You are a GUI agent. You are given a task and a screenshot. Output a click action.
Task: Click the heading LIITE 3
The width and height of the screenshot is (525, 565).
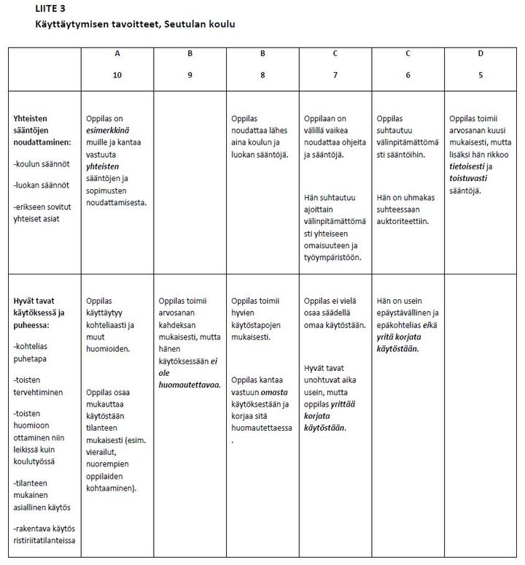50,9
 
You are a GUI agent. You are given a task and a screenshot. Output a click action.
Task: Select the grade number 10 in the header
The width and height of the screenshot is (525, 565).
117,75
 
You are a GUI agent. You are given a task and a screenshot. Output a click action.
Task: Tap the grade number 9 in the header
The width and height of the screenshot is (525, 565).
190,75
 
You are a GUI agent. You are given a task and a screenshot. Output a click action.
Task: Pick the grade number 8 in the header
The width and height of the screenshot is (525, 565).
262,75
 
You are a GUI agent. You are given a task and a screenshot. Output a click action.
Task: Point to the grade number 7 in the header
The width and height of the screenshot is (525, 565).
335,75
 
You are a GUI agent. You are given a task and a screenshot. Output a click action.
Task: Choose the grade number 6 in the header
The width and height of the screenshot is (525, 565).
408,75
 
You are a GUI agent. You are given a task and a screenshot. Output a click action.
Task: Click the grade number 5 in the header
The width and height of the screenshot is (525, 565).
481,75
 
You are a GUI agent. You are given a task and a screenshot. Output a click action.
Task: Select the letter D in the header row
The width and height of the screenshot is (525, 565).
481,54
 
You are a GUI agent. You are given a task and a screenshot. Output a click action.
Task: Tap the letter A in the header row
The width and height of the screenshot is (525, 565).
117,54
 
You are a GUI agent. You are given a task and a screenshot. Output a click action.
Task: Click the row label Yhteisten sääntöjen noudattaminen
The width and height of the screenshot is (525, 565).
42,131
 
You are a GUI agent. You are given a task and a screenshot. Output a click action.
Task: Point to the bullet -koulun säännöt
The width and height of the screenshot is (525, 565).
39,164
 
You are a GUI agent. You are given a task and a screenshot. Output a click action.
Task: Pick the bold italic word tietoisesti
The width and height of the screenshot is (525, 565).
467,166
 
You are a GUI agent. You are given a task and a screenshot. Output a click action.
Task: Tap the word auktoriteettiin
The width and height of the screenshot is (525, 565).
401,220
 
